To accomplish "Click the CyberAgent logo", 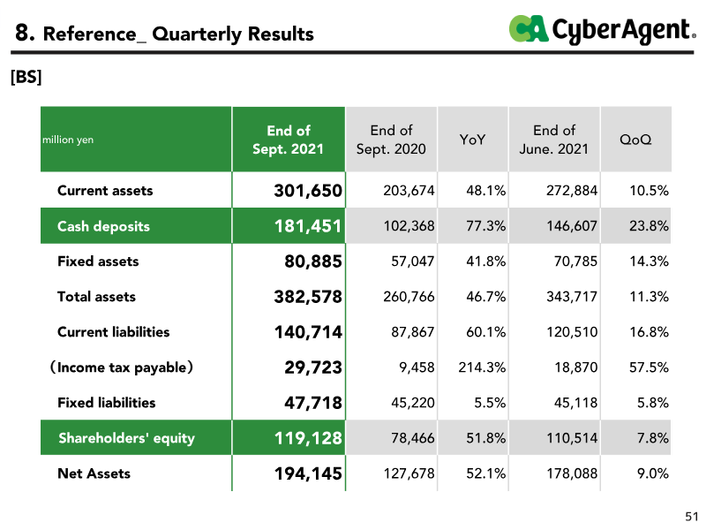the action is tap(603, 30).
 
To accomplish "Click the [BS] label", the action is tap(26, 77).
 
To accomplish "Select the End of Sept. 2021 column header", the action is tap(289, 140).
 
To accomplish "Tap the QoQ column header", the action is tap(635, 140).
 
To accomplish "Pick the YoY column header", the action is tap(472, 140).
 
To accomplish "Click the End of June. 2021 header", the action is tap(554, 140).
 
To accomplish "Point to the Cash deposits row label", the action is tap(103, 226).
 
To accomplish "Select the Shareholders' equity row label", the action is tap(126, 438).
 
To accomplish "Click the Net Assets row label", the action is tap(94, 473).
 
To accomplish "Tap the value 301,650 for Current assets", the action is tap(308, 191).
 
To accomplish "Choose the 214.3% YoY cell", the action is tap(482, 367).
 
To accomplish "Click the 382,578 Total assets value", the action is tap(308, 297).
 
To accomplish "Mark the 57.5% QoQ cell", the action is tap(649, 367).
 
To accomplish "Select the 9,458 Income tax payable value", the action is tap(417, 367).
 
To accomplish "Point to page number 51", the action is tap(692, 516).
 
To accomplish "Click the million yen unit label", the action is tap(68, 140).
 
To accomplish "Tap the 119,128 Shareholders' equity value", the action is tap(308, 438).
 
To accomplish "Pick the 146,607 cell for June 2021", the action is tap(572, 226).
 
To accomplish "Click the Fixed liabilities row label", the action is tap(107, 403).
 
